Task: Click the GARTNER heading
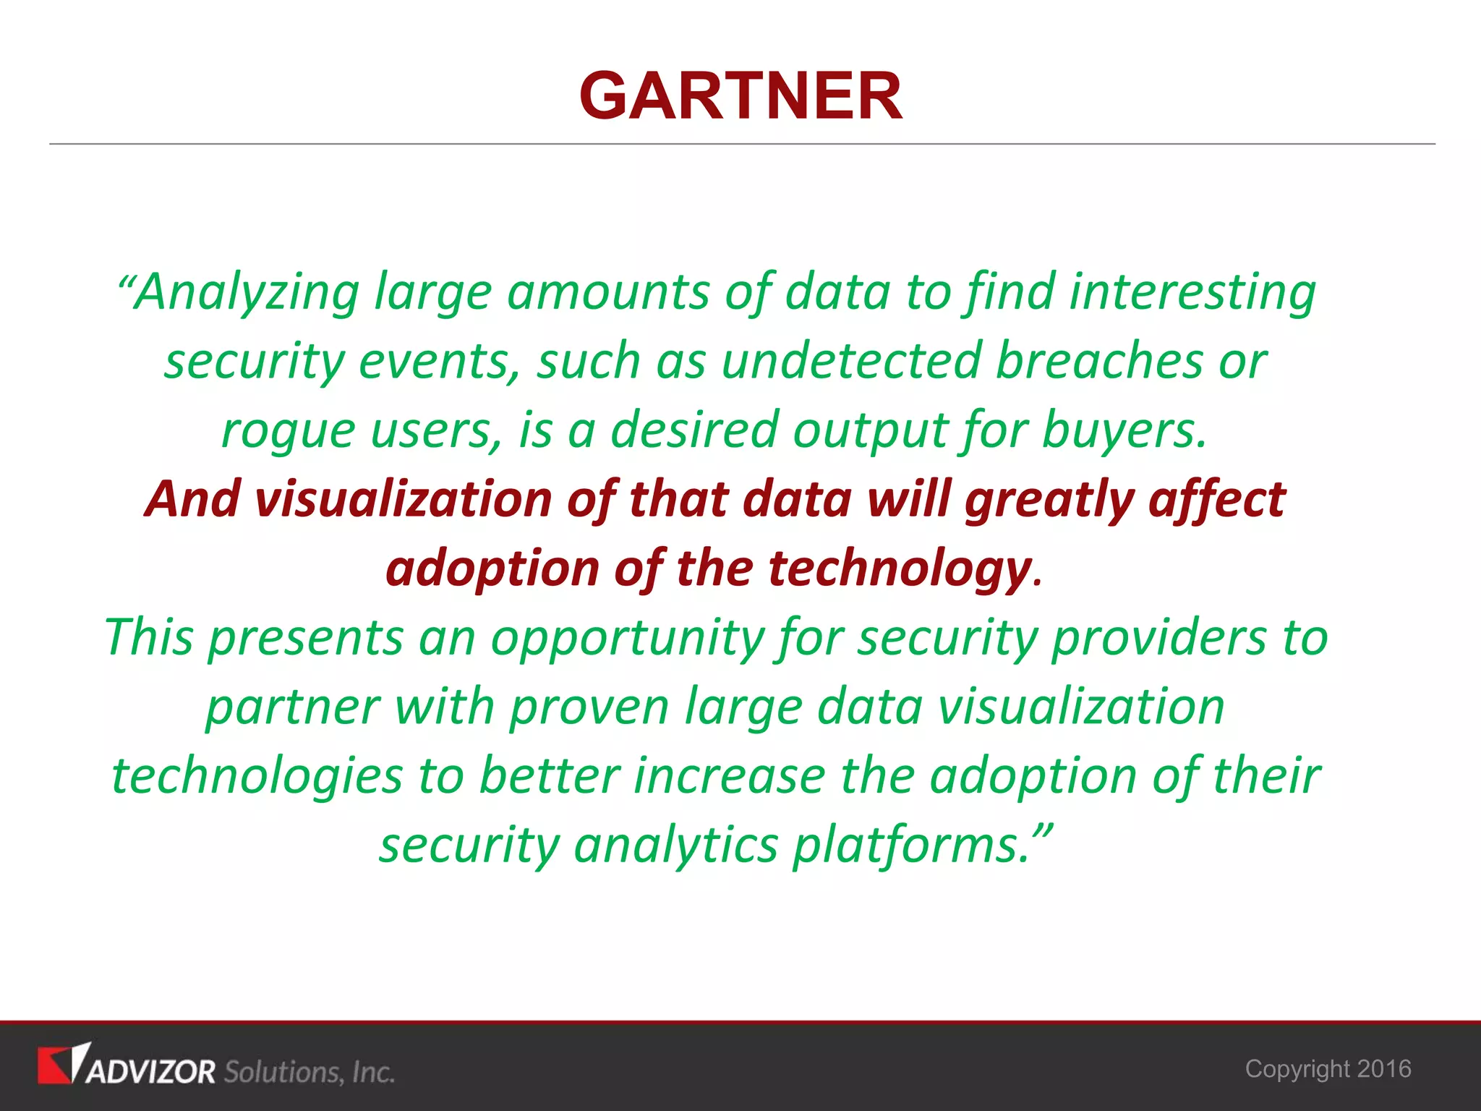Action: click(740, 96)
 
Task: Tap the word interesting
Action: click(1192, 293)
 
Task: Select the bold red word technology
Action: click(900, 569)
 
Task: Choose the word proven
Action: click(589, 707)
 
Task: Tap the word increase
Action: click(730, 776)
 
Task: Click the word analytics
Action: click(675, 846)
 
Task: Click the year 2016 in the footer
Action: click(1384, 1069)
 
